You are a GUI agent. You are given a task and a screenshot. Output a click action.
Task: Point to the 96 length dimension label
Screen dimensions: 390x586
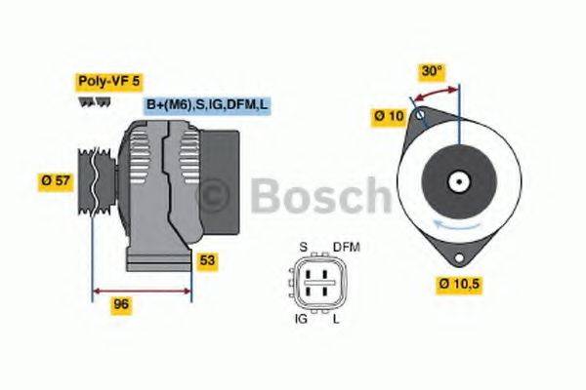pos(121,304)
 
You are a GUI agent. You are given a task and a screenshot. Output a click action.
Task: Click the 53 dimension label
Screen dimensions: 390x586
pos(206,260)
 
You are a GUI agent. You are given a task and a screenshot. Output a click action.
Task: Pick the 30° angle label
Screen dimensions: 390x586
pos(432,71)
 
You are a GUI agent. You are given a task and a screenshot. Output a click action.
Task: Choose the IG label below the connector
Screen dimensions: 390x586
pos(302,318)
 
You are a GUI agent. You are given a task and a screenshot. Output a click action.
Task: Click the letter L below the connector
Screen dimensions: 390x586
pos(336,318)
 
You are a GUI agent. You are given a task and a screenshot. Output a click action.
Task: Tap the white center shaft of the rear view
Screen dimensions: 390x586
pos(458,180)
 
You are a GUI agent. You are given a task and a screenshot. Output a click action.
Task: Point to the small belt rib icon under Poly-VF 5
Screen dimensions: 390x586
pos(90,101)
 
